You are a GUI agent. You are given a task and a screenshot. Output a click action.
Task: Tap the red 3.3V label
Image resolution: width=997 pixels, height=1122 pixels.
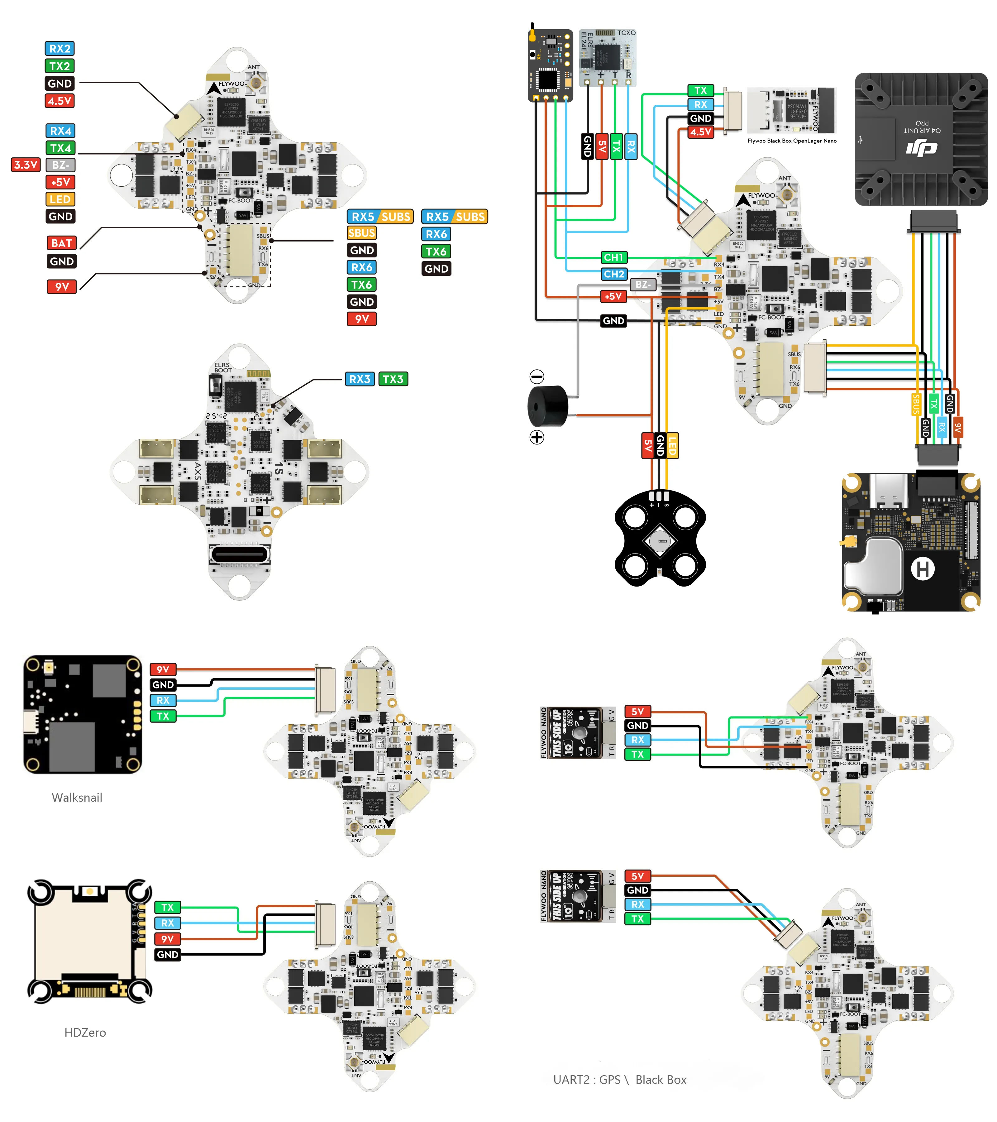(26, 165)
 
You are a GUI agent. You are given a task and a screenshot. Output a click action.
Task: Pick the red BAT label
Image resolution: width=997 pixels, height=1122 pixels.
(61, 242)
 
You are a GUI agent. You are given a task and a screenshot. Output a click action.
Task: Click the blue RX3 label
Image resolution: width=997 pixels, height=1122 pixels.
(360, 379)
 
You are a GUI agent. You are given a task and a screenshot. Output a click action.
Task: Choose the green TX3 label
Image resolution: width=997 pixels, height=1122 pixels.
(393, 379)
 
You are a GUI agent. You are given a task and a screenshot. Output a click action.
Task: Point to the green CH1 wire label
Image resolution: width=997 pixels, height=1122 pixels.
(613, 257)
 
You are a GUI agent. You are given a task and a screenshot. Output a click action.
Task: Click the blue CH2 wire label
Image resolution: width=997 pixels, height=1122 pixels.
(613, 273)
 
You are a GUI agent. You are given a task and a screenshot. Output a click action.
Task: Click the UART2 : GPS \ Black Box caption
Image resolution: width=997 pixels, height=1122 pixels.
(619, 1080)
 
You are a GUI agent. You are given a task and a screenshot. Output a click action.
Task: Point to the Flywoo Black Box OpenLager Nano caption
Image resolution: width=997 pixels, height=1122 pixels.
(792, 141)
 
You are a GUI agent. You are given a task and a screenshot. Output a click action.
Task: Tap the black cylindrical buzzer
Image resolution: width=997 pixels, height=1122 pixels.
(548, 406)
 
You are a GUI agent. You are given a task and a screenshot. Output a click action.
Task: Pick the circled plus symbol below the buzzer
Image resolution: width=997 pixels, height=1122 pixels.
(537, 437)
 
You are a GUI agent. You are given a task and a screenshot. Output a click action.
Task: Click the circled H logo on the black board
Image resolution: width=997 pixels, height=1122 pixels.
(923, 569)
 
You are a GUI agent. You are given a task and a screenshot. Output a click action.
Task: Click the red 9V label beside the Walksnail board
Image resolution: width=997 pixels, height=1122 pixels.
(163, 669)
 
